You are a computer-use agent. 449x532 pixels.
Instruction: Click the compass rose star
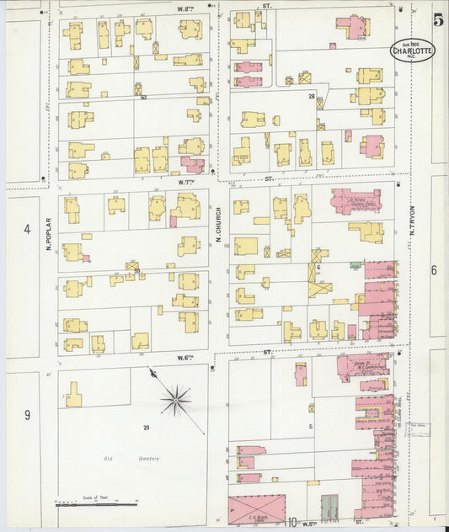[x=175, y=401]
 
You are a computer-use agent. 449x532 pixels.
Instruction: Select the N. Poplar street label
[x=49, y=236]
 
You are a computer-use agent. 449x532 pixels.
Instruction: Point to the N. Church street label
[x=217, y=225]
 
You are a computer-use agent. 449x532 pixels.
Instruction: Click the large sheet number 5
[x=438, y=19]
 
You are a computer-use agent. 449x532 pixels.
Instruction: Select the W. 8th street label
[x=186, y=8]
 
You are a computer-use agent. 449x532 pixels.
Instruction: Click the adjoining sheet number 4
[x=26, y=229]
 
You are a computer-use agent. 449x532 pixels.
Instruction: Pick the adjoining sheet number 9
[x=26, y=414]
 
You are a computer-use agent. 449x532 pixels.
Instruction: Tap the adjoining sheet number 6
[x=434, y=270]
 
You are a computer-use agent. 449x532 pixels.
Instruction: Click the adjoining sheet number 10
[x=291, y=524]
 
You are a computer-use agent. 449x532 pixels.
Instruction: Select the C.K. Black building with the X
[x=258, y=508]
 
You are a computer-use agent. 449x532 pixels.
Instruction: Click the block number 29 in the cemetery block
[x=146, y=428]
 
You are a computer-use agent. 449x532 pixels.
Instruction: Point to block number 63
[x=144, y=98]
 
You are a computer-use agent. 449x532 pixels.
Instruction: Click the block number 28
[x=311, y=97]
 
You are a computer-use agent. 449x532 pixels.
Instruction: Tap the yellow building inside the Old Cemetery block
[x=73, y=395]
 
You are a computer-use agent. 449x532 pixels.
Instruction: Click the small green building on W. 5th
[x=329, y=506]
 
